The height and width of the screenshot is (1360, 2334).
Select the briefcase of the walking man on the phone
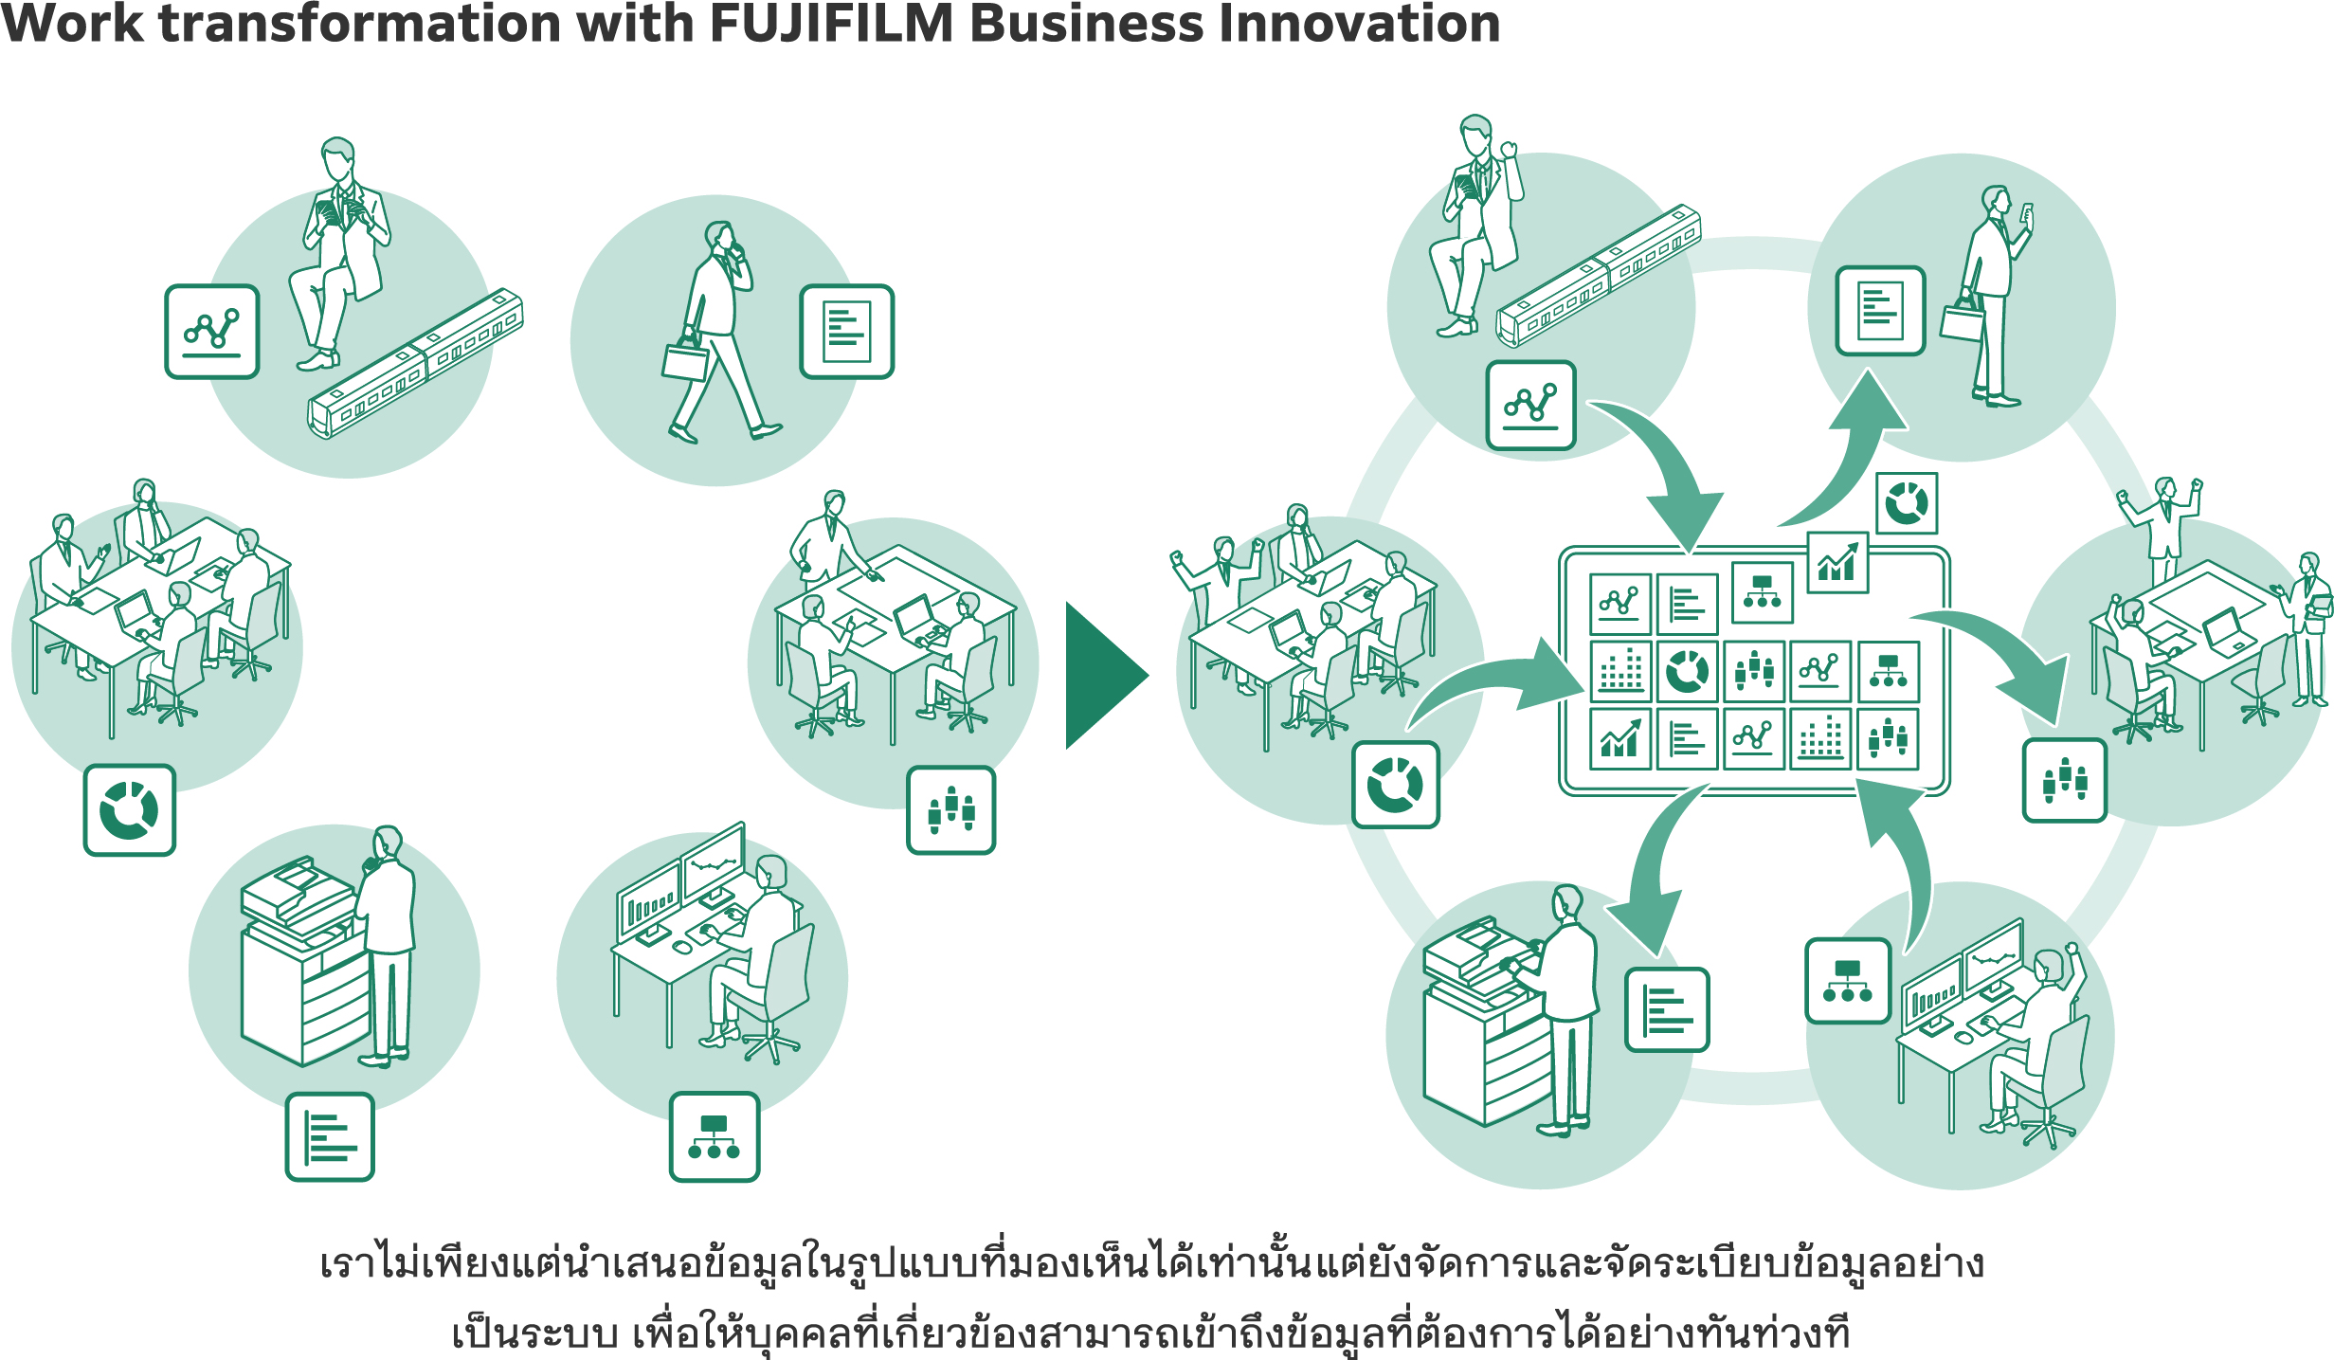tap(685, 361)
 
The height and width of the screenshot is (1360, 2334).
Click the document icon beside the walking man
tap(846, 332)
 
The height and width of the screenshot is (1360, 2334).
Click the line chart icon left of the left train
tap(212, 332)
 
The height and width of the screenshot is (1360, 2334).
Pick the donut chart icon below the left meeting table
tap(130, 810)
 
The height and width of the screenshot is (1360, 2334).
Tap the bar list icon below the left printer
tap(330, 1136)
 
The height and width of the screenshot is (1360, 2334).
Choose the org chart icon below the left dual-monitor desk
tap(715, 1136)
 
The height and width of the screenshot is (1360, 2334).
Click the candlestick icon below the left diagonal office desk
tap(950, 810)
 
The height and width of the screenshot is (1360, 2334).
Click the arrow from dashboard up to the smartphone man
tap(1848, 455)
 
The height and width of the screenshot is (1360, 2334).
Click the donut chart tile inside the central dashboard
tap(1687, 671)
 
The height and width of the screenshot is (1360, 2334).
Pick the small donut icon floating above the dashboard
tap(1907, 503)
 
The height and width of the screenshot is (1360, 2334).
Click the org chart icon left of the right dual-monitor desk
tap(1848, 981)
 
